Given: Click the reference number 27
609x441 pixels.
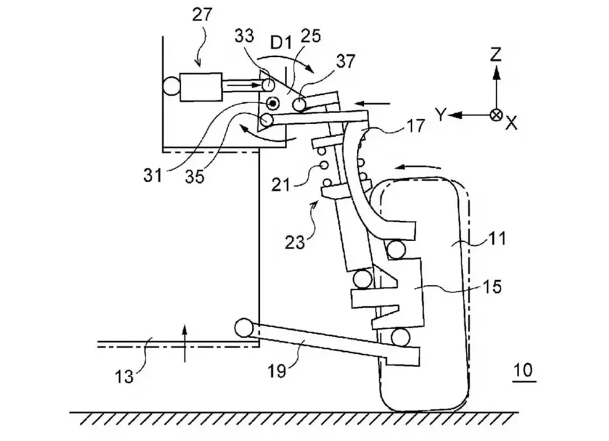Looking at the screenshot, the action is [203, 15].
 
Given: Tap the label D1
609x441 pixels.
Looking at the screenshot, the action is [281, 43].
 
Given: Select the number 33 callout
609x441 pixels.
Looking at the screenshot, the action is [244, 36].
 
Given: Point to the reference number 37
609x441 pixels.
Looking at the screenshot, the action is [345, 61].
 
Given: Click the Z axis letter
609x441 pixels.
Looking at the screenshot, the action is [496, 54].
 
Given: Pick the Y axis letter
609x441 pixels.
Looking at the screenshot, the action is [440, 115].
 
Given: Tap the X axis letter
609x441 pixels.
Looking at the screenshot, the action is [512, 123].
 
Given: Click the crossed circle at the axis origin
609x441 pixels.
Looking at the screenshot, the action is [496, 115].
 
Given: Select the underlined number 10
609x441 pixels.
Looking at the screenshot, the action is [523, 371].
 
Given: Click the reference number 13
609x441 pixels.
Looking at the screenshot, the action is [125, 377].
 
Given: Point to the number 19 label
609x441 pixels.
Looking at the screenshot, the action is [277, 371].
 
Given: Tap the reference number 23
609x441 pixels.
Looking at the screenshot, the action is [295, 243].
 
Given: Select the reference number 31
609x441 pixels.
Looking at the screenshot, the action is [153, 176].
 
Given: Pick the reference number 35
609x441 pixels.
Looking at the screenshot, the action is [195, 177].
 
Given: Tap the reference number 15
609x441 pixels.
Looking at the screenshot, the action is [492, 287].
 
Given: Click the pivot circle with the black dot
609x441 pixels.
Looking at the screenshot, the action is [273, 104].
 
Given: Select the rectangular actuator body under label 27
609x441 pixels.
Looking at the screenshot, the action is [201, 87].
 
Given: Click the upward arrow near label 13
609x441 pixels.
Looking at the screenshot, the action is [185, 344].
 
